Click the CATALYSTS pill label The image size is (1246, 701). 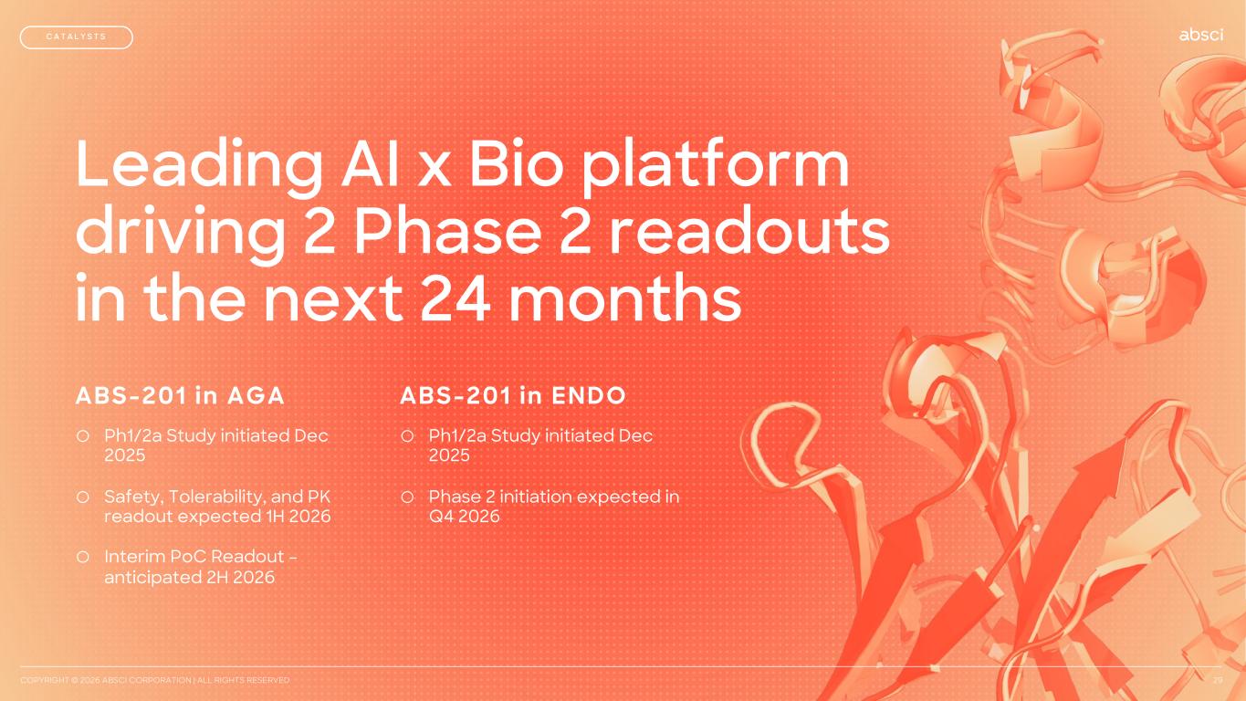76,37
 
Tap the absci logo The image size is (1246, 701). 1201,35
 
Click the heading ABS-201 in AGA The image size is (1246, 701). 180,395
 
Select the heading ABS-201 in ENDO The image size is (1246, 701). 513,395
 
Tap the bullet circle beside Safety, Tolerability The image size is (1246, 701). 83,497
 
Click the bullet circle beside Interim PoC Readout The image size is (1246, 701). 83,557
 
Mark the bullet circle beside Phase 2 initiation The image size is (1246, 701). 407,497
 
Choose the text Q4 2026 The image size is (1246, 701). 464,517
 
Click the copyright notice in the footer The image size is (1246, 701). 154,680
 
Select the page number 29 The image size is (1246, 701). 1219,680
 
